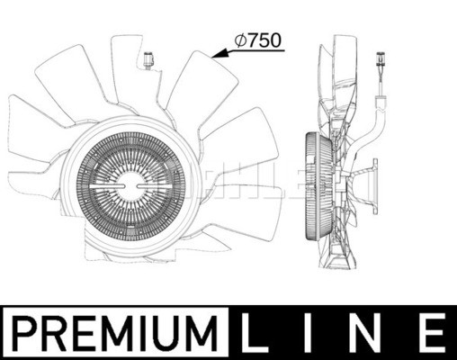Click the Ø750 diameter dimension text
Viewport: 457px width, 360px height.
pos(258,40)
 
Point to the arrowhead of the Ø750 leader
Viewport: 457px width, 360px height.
pos(212,56)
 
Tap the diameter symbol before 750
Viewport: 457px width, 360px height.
pos(241,40)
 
